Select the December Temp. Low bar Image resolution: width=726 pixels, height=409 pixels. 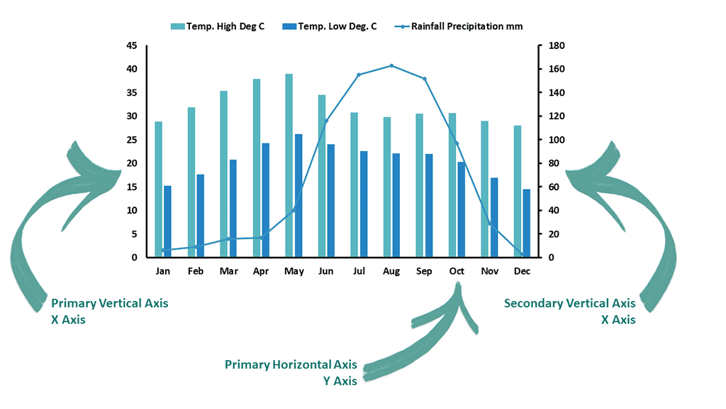[526, 223]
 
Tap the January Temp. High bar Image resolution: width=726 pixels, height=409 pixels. [158, 190]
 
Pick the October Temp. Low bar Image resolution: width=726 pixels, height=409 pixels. [461, 209]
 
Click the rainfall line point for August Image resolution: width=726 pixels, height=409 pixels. [391, 66]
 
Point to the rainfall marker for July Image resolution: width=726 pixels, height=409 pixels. [359, 75]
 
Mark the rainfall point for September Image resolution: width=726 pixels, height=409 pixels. [425, 79]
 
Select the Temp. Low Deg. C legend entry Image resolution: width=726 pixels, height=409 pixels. [330, 26]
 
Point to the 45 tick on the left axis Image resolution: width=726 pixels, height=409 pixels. [131, 45]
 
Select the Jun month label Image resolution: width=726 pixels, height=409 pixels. [326, 271]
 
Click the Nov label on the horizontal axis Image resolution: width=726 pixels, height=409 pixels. [490, 271]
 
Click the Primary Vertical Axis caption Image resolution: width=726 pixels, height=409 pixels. [110, 303]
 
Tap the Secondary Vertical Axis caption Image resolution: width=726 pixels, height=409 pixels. [569, 303]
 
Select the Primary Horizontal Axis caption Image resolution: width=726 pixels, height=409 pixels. [291, 364]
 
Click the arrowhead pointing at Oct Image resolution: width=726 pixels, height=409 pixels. [459, 291]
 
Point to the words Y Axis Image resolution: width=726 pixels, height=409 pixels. [340, 381]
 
